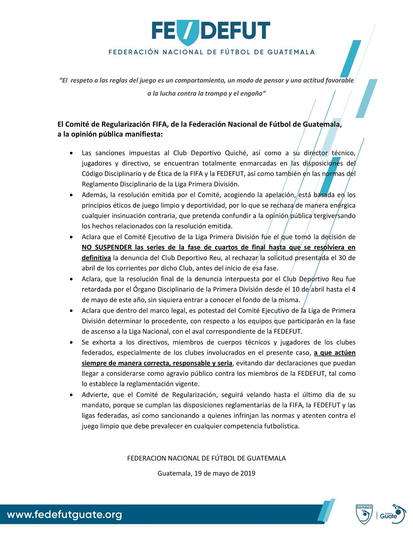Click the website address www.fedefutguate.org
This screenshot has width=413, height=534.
[x=64, y=515]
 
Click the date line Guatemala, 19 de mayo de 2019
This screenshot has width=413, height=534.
[x=206, y=473]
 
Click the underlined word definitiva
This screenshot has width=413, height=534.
[x=96, y=258]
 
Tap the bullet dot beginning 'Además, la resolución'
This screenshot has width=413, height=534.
[x=71, y=195]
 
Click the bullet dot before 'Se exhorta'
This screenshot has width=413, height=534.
[x=71, y=342]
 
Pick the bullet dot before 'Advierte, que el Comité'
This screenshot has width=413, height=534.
[x=71, y=395]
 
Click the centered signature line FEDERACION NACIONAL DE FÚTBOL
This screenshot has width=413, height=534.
[x=206, y=458]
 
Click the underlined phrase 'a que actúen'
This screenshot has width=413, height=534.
[x=335, y=352]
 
